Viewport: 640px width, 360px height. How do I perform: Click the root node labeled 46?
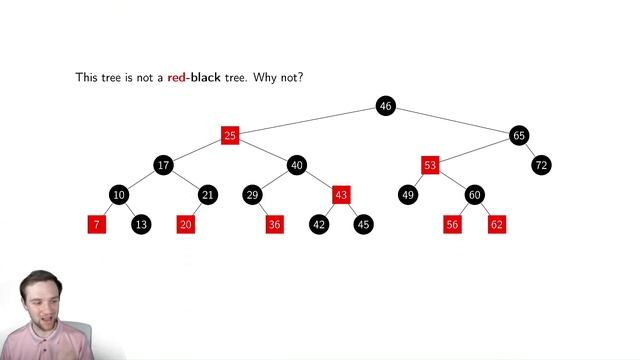pyautogui.click(x=386, y=105)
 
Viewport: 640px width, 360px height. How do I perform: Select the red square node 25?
pyautogui.click(x=230, y=135)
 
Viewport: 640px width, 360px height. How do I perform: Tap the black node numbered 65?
pyautogui.click(x=518, y=135)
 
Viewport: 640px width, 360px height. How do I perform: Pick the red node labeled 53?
pyautogui.click(x=430, y=164)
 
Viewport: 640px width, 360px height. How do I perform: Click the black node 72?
pyautogui.click(x=541, y=164)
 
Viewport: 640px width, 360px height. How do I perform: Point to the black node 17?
pyautogui.click(x=163, y=164)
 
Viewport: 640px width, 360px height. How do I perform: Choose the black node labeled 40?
pyautogui.click(x=297, y=164)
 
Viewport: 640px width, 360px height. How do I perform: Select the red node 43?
pyautogui.click(x=341, y=194)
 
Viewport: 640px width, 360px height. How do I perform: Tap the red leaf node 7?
pyautogui.click(x=97, y=224)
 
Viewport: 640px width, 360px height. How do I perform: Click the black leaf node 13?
pyautogui.click(x=141, y=224)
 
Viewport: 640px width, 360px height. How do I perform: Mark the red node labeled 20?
pyautogui.click(x=186, y=224)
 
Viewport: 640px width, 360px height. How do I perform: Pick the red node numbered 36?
pyautogui.click(x=275, y=224)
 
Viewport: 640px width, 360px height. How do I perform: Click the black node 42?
pyautogui.click(x=319, y=224)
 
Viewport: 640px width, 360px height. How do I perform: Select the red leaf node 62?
pyautogui.click(x=497, y=224)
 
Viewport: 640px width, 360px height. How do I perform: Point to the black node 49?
pyautogui.click(x=408, y=194)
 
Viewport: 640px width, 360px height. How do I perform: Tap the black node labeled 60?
pyautogui.click(x=474, y=194)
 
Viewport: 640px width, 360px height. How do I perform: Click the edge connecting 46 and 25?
pyautogui.click(x=308, y=120)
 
